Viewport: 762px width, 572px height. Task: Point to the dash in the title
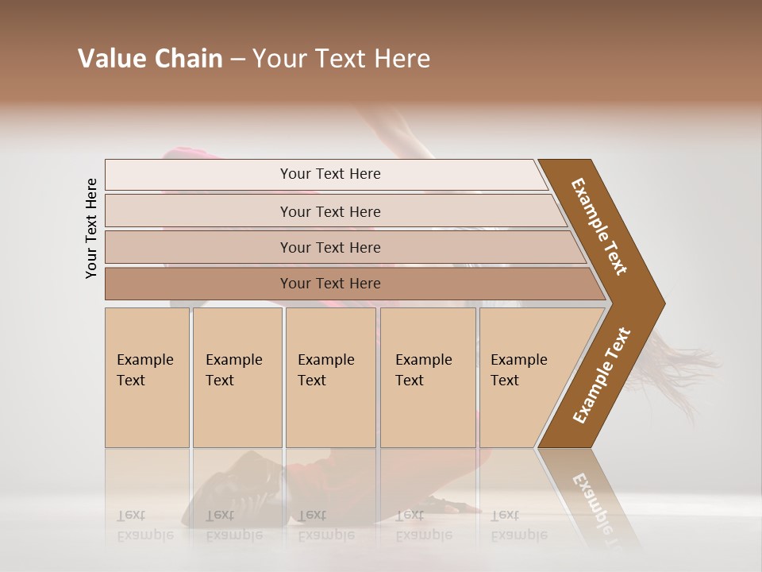tap(237, 60)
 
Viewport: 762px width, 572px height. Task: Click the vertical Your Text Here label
tap(91, 228)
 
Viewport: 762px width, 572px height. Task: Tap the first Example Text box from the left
tap(147, 377)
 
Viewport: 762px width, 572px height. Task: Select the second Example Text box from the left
tap(237, 377)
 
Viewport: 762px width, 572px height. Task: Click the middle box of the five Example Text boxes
tap(330, 377)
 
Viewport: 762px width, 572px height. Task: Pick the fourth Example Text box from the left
tap(428, 377)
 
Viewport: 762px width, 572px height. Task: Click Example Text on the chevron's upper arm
tap(599, 226)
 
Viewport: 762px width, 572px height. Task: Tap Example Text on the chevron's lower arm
tap(602, 376)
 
